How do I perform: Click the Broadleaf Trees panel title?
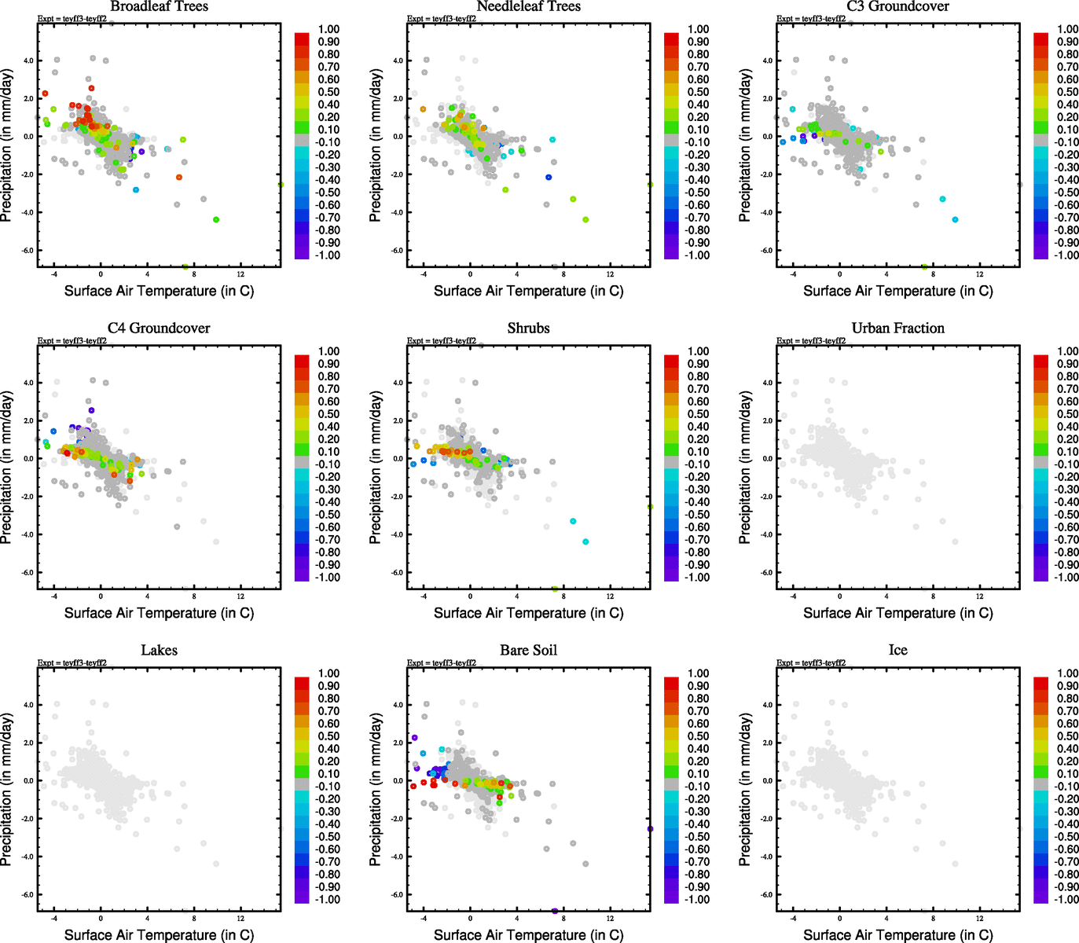tap(159, 6)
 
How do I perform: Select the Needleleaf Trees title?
tap(528, 6)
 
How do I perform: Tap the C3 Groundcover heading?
tap(897, 6)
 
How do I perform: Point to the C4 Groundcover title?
tap(159, 328)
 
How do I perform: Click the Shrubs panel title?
tap(528, 328)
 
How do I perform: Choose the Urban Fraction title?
tap(897, 328)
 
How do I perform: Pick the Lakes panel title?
tap(159, 650)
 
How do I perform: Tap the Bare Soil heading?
tap(528, 650)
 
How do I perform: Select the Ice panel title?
tap(897, 650)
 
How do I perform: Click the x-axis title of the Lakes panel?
tap(159, 934)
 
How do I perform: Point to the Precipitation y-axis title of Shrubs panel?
tap(376, 468)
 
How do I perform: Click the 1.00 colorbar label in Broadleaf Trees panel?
tap(328, 29)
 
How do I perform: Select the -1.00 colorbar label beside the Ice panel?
tap(1066, 899)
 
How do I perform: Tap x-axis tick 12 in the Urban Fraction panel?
tap(979, 596)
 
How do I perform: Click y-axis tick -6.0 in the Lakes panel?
tap(28, 894)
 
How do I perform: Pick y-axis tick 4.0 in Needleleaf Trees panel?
tap(398, 61)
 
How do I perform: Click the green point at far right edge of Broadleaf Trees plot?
tap(281, 185)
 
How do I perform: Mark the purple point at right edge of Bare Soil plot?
tap(650, 828)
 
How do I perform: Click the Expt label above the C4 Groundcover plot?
tap(72, 341)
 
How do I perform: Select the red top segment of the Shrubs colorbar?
tap(671, 361)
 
